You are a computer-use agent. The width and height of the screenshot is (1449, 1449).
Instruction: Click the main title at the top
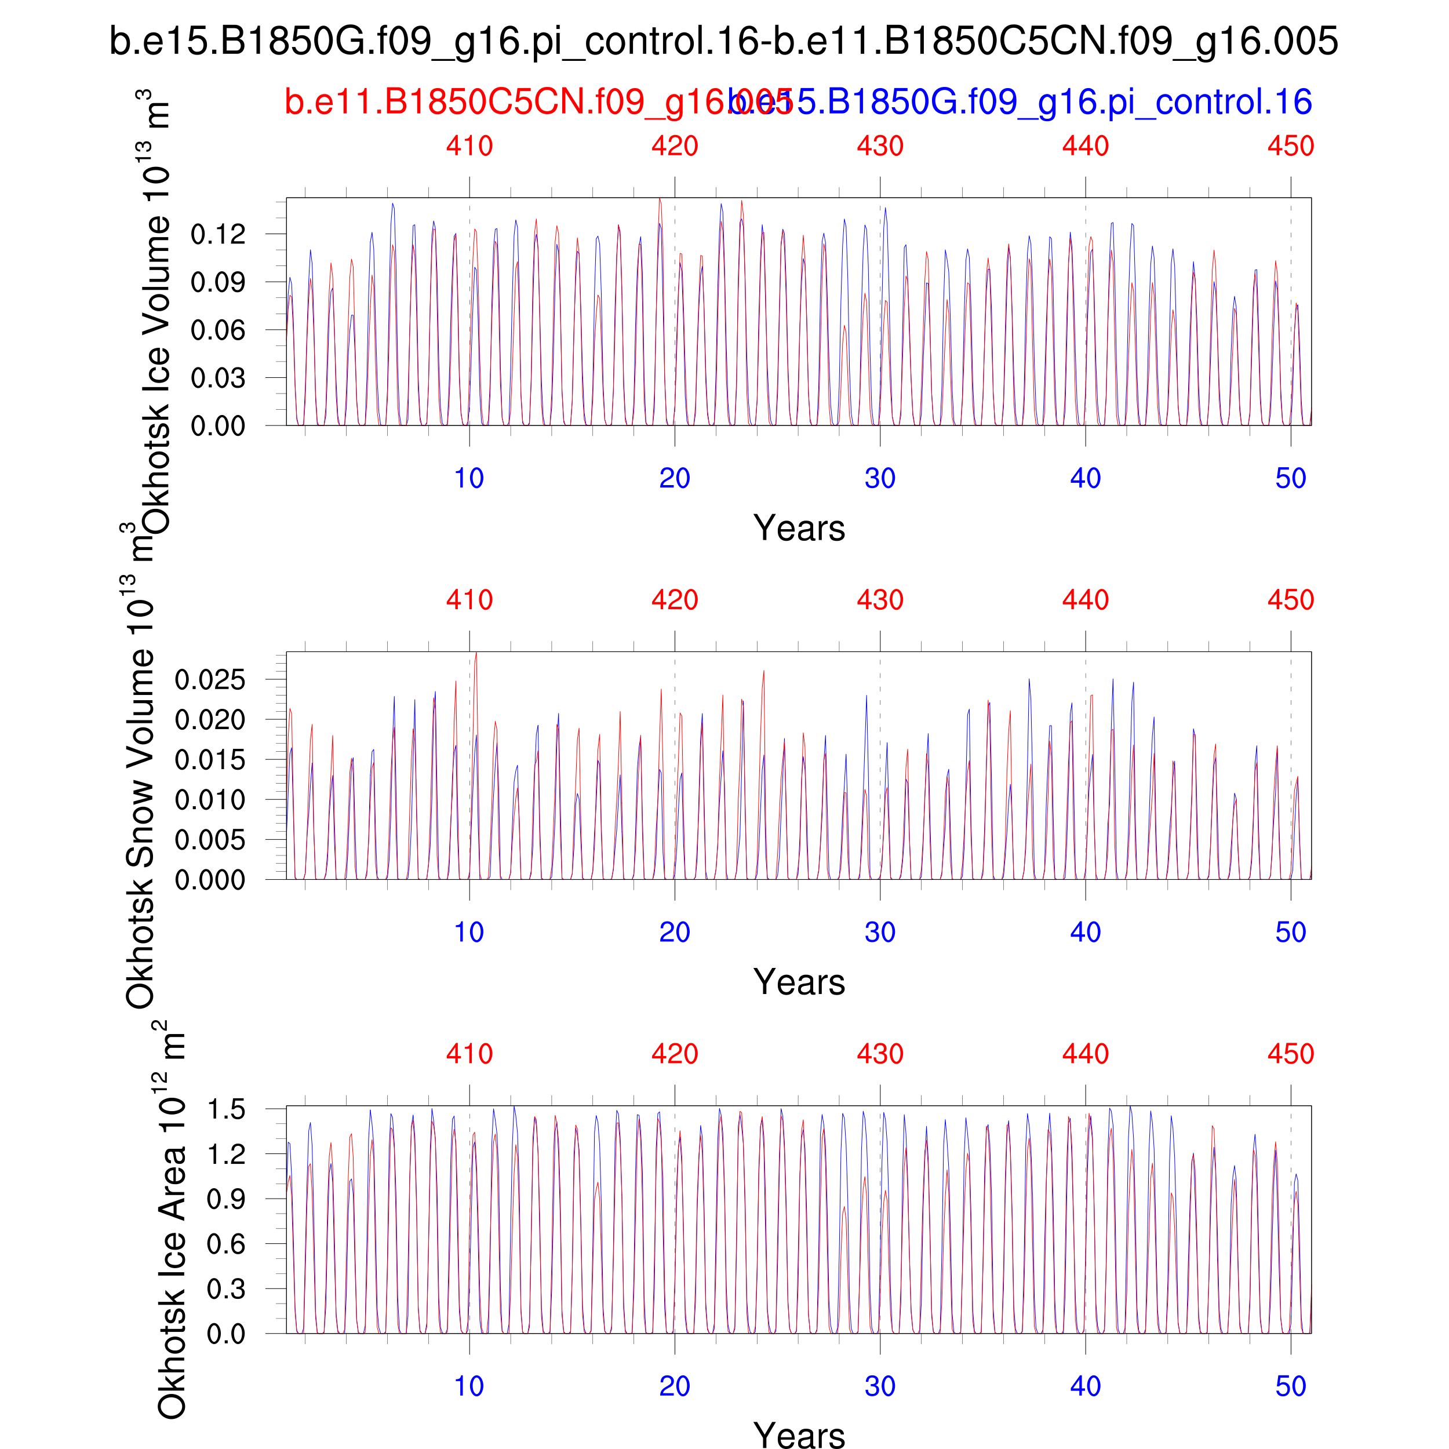pyautogui.click(x=724, y=41)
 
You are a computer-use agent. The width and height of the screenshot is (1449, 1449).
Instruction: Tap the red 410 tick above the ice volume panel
pyautogui.click(x=469, y=145)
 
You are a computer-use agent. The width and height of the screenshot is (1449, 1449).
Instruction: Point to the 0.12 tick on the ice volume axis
pyautogui.click(x=217, y=235)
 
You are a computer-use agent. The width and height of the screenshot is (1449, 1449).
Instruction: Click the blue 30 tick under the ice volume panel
pyautogui.click(x=880, y=479)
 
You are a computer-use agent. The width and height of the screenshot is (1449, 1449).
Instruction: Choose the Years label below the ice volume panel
pyautogui.click(x=799, y=528)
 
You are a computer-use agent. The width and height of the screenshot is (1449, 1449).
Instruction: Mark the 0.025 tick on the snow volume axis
pyautogui.click(x=210, y=680)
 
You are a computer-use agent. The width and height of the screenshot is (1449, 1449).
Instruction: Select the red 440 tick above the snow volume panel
pyautogui.click(x=1085, y=599)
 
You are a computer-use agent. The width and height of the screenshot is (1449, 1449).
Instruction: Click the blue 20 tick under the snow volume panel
pyautogui.click(x=674, y=932)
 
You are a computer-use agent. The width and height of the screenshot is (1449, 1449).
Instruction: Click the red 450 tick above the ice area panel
pyautogui.click(x=1291, y=1054)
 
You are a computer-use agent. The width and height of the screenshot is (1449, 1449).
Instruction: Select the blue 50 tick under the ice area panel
pyautogui.click(x=1291, y=1386)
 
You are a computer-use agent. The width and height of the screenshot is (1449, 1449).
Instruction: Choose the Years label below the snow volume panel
pyautogui.click(x=799, y=982)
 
